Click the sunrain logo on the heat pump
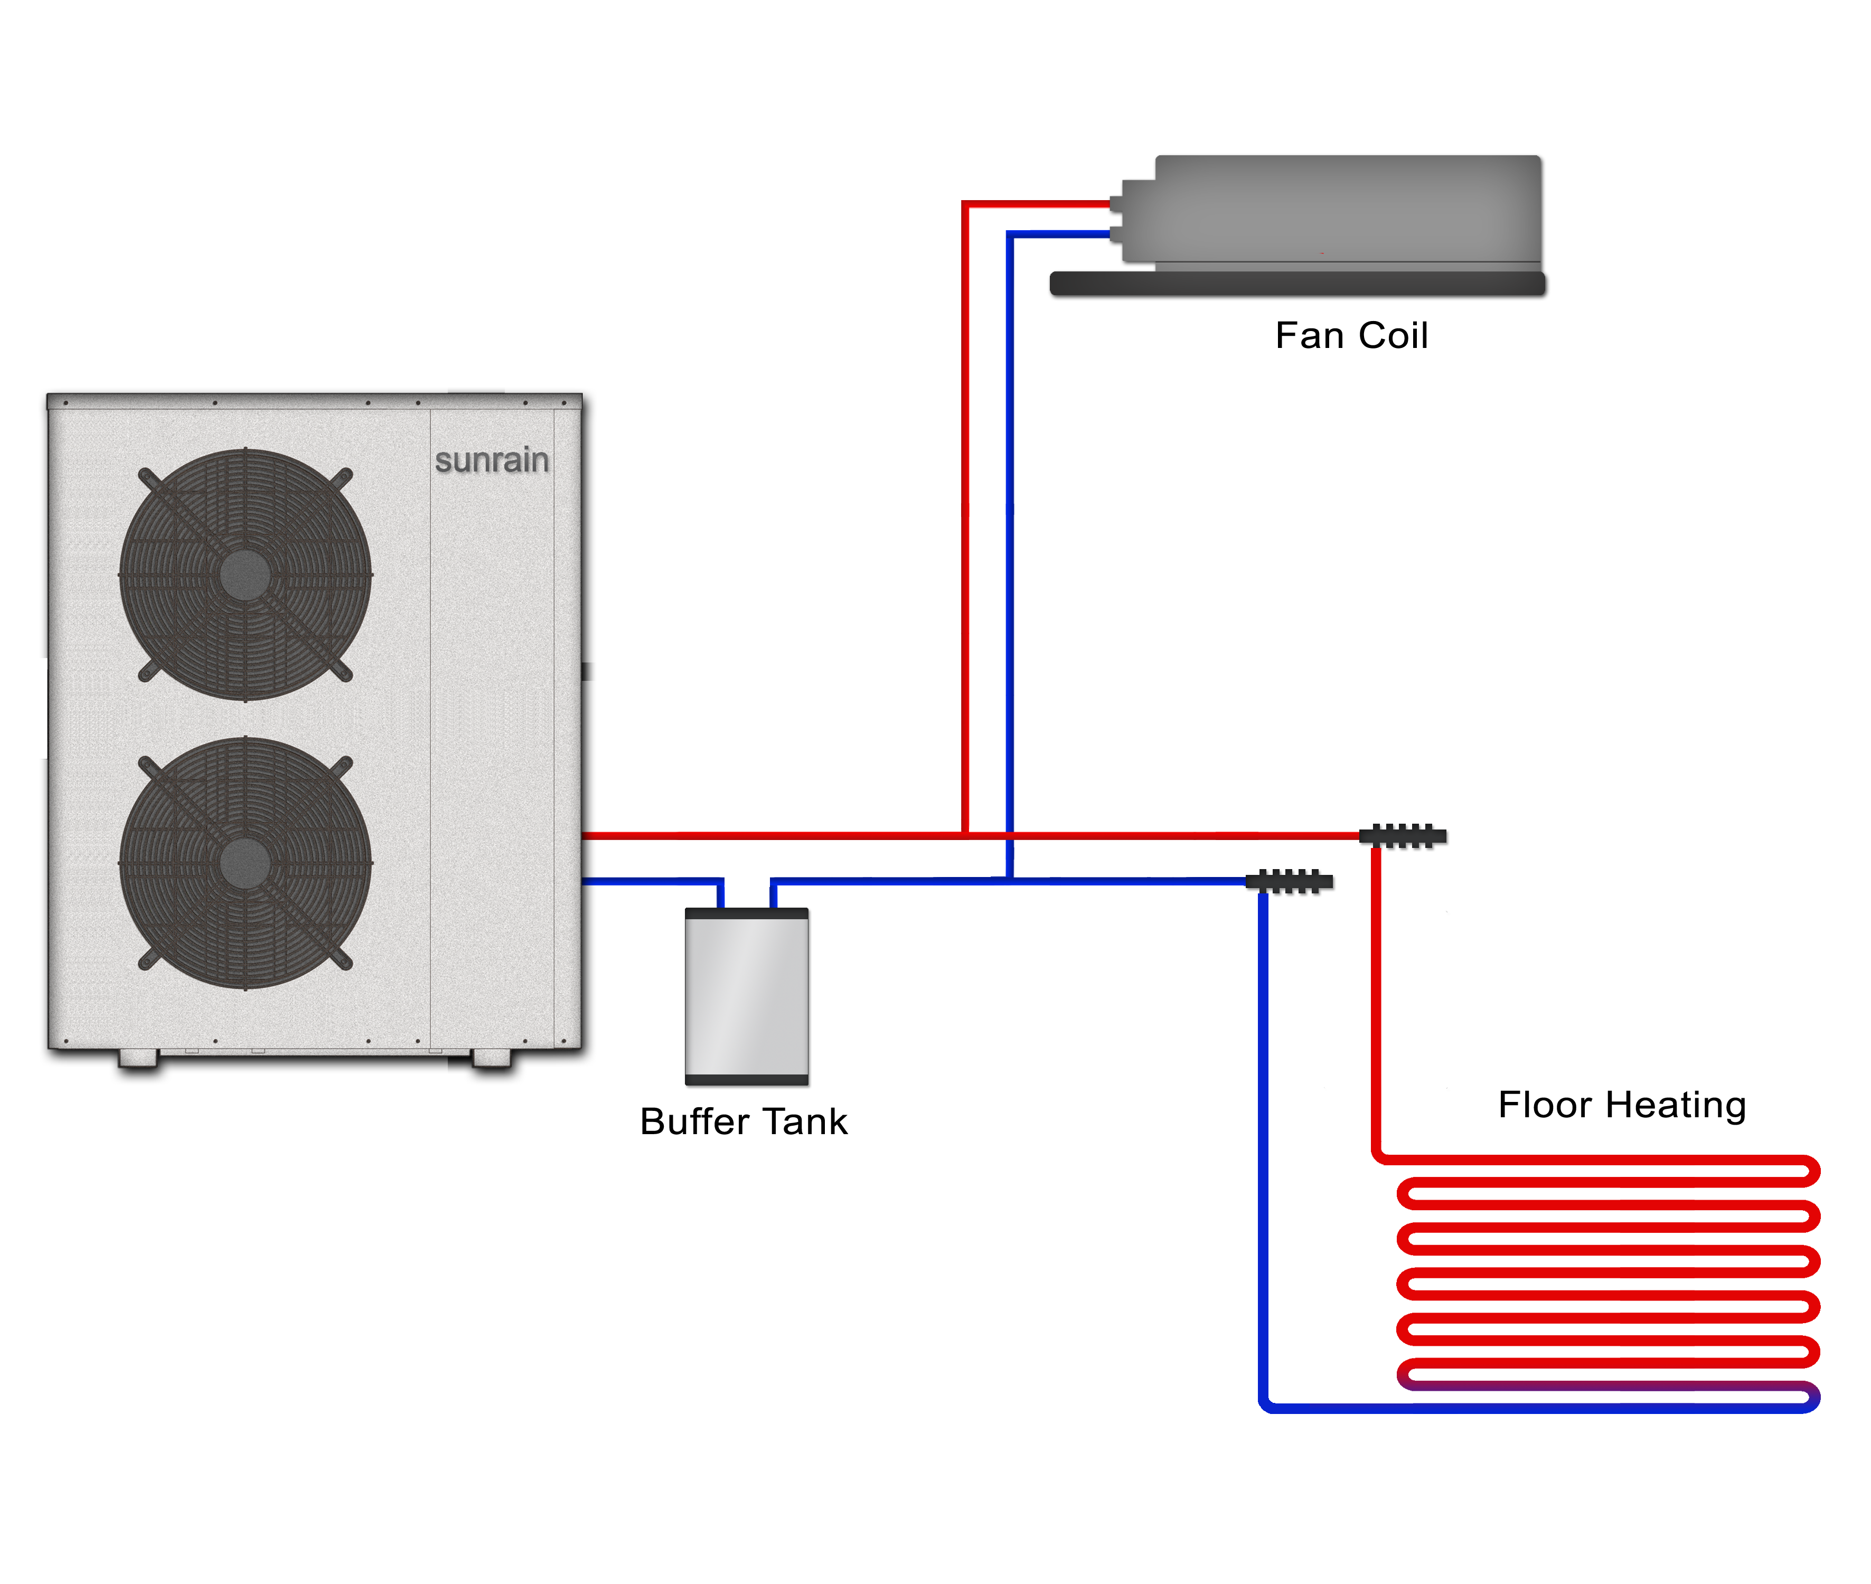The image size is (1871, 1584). pos(491,460)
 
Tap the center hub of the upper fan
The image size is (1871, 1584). pos(245,574)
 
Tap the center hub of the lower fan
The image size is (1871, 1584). pos(245,863)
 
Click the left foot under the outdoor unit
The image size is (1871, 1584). pos(137,1057)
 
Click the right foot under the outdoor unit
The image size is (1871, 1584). pos(491,1057)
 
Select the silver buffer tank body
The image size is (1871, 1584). pos(747,997)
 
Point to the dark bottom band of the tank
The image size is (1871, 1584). pos(747,1081)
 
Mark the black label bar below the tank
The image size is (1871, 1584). pos(745,1120)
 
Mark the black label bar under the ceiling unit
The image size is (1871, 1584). pos(1352,334)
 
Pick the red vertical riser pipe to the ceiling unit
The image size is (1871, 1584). pos(965,521)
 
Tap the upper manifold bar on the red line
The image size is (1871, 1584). pos(1403,836)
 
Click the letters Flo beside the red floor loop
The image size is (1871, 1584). pos(1525,1105)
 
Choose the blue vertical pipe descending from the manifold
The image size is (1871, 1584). pos(1263,1123)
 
